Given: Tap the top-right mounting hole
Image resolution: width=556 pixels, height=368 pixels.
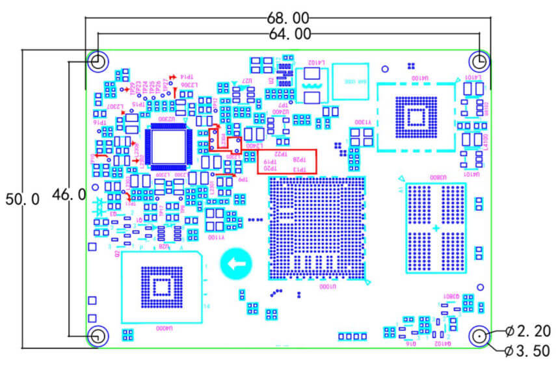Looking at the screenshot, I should [x=480, y=62].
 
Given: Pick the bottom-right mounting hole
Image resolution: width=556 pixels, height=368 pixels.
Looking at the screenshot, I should [x=480, y=336].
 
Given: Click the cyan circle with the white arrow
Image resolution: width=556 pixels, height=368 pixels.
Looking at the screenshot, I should [x=235, y=264].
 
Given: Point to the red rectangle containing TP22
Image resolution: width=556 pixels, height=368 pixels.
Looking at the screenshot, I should [x=287, y=161].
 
